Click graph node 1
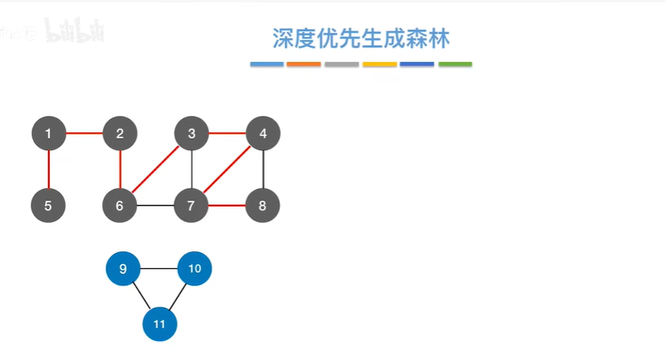(x=48, y=134)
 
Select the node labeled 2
(x=120, y=134)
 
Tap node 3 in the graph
(x=191, y=134)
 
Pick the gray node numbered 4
(x=263, y=134)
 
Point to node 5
(x=48, y=205)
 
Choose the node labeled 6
(x=120, y=205)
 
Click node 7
(x=191, y=205)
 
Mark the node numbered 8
(x=263, y=205)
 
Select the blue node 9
(x=124, y=268)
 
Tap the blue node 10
(x=194, y=268)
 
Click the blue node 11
(x=159, y=324)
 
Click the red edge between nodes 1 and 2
(x=84, y=134)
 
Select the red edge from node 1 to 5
(x=48, y=169)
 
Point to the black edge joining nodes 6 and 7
(x=156, y=205)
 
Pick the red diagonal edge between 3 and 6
(x=156, y=169)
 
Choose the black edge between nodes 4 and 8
(x=263, y=169)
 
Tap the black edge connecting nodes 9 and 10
(x=159, y=268)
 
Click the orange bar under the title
(x=304, y=65)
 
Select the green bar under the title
(x=455, y=65)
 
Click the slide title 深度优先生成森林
(x=361, y=38)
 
